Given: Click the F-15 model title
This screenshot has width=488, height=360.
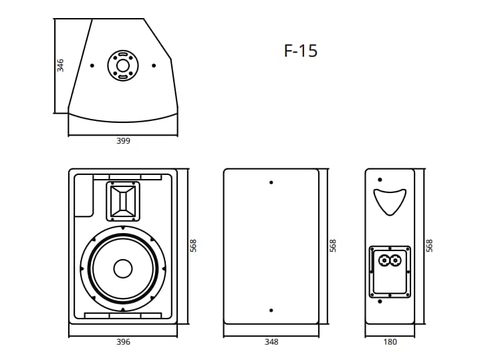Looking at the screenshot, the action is coord(301,51).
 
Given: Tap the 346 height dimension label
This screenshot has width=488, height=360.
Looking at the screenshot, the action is coord(60,65).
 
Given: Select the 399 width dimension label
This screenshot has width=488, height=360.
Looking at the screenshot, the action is coord(123,141).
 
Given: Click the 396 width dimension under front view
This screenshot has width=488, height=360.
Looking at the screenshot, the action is coord(123,342).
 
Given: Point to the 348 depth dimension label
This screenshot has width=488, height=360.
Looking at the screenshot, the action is coord(271,342).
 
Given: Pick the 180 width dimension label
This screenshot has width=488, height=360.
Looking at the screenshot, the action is coord(390,342).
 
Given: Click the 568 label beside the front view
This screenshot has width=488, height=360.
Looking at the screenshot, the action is coord(193,246).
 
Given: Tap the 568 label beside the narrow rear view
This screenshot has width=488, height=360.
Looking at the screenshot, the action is coord(429,246).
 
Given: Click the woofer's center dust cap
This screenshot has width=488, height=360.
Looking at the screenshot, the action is coord(123,269).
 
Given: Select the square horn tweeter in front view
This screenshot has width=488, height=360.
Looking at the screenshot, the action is coord(123,202).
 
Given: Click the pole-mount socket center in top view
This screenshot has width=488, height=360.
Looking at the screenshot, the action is coord(122,65).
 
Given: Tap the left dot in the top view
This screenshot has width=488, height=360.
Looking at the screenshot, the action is coord(92,65).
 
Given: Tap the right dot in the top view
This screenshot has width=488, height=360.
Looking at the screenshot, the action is coord(154,65).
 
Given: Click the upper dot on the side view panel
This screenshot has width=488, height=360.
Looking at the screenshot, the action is coord(271,182).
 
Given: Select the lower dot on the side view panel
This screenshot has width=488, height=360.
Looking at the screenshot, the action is coord(271,311).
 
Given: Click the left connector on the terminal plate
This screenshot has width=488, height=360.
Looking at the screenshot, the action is coord(384,260).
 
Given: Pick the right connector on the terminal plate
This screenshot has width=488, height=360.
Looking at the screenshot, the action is coord(395,260).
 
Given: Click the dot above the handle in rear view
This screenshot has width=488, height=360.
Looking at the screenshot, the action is coord(380,180).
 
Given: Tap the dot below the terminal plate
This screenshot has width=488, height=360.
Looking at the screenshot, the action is coord(380,301).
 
